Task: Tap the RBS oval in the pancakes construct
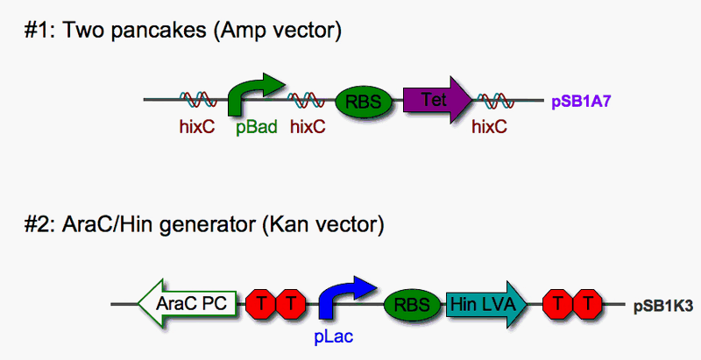[x=363, y=101]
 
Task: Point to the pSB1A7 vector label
[x=580, y=102]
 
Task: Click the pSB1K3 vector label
[x=662, y=307]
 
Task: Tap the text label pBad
[x=257, y=127]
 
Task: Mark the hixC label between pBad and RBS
[x=308, y=127]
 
